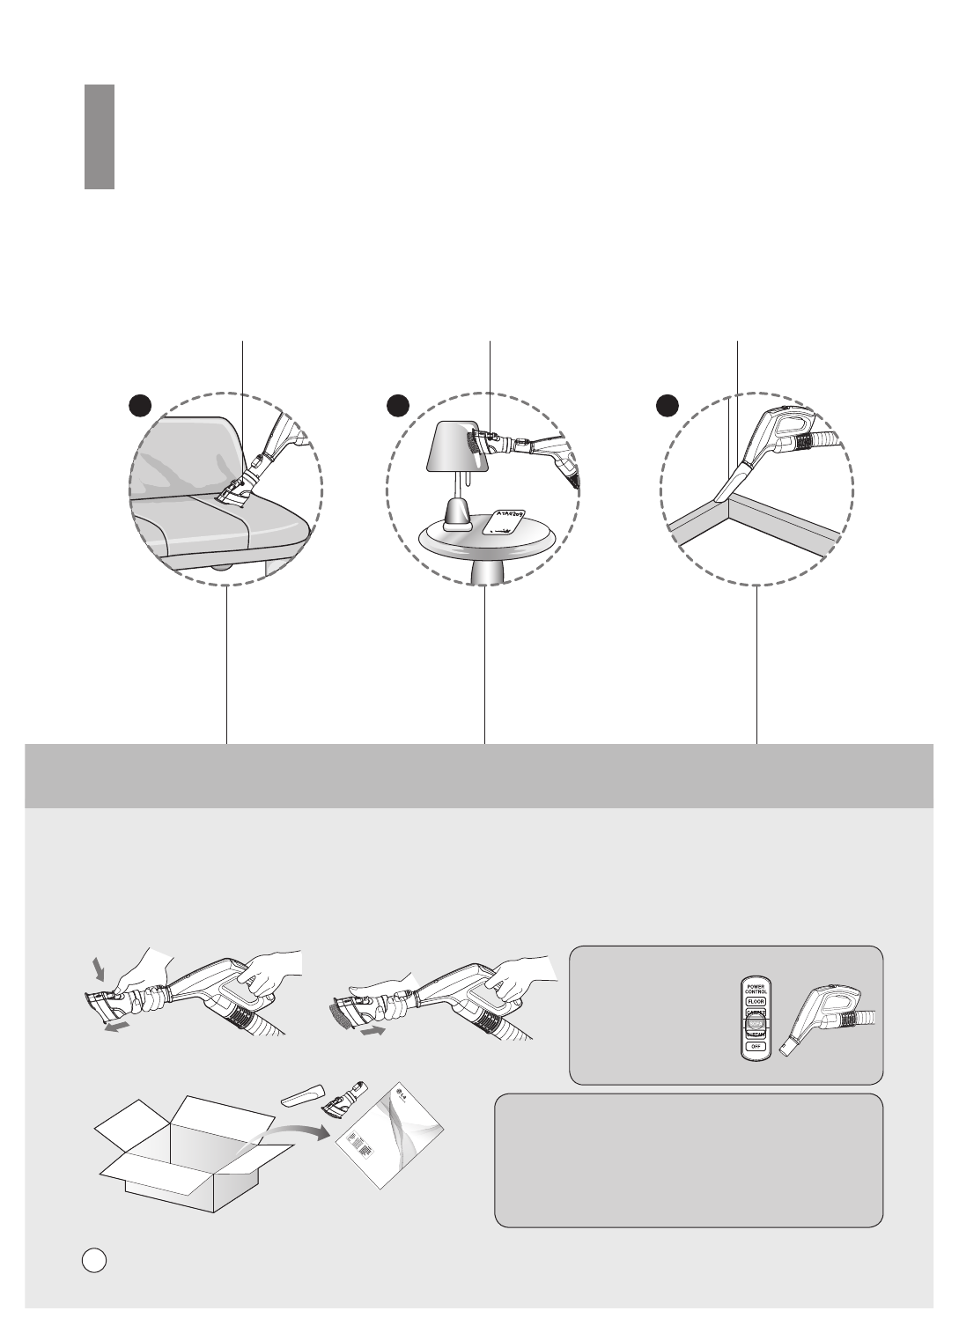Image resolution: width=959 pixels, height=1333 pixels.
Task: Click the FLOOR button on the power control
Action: pos(756,1001)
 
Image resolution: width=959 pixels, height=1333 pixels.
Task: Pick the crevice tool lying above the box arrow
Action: pos(302,1095)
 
